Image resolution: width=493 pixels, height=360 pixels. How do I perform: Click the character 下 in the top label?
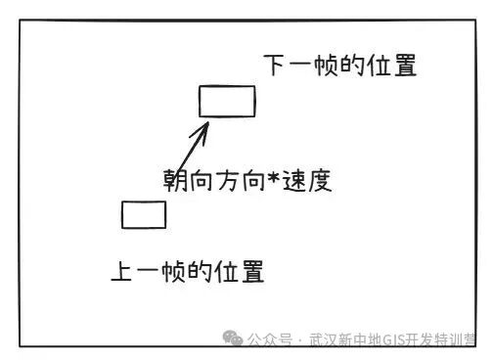coord(274,65)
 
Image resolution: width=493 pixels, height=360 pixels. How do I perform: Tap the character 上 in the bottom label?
coord(121,271)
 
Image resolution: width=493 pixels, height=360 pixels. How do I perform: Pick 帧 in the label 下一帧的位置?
coord(326,66)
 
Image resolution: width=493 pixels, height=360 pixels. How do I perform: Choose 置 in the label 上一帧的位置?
coord(252,271)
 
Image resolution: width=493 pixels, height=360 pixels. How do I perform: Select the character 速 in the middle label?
coord(294,180)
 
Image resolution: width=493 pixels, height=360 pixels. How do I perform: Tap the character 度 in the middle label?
coord(320,180)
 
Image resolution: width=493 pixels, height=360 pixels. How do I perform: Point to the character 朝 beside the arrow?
coord(175,180)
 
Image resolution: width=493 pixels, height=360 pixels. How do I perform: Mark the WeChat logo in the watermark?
coord(233,337)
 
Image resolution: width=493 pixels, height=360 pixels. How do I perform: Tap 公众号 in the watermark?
coord(269,339)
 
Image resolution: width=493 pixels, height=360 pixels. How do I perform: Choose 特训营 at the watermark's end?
coord(454,339)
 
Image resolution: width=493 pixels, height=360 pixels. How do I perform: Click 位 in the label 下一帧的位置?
coord(379,66)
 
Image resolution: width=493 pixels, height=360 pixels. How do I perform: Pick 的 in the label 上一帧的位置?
coord(201,271)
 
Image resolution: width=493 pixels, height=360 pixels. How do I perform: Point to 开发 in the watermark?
coord(419,339)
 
